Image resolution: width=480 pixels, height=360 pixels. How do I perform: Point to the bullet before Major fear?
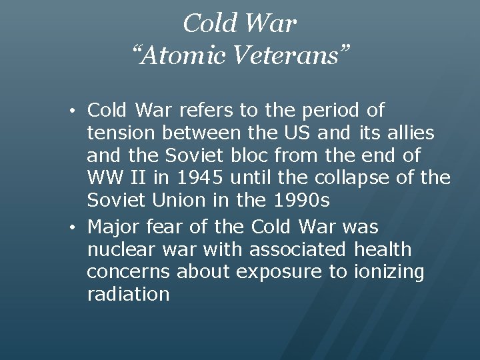click(x=78, y=228)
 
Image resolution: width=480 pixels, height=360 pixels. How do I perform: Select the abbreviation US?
click(x=300, y=133)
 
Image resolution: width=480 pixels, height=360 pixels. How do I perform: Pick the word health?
click(x=382, y=251)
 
